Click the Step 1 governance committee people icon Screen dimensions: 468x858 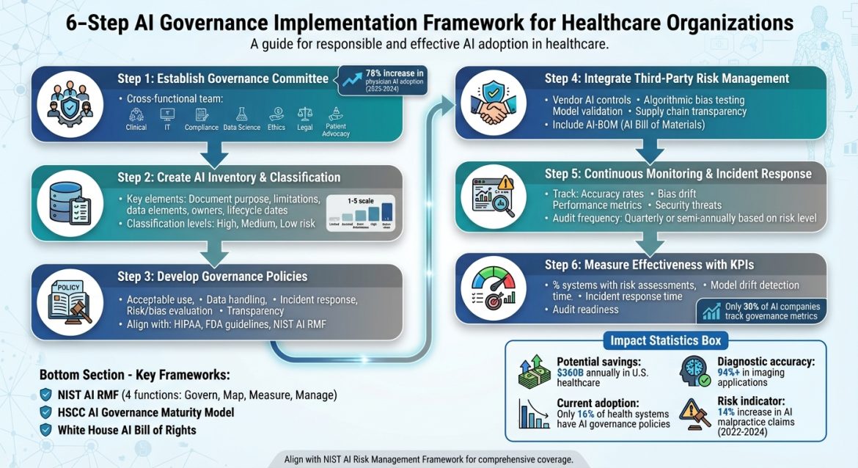pyautogui.click(x=69, y=105)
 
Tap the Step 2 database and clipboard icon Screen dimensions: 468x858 pyautogui.click(x=69, y=203)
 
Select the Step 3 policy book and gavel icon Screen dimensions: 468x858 pyautogui.click(x=69, y=301)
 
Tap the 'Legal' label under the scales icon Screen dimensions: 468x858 pyautogui.click(x=305, y=127)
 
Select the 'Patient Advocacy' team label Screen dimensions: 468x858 pyautogui.click(x=336, y=130)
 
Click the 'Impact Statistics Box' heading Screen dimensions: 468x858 pyautogui.click(x=665, y=340)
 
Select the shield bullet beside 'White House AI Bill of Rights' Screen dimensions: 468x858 pyautogui.click(x=46, y=430)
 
